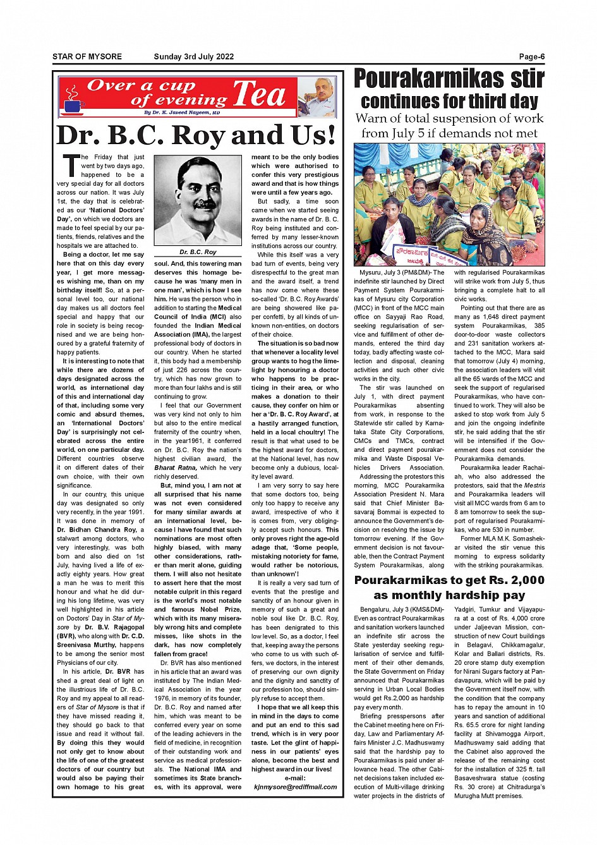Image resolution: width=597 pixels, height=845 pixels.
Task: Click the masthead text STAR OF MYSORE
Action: tap(87, 57)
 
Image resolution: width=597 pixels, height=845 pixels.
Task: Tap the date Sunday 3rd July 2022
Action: tap(193, 57)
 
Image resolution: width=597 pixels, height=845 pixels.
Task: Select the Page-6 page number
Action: tap(532, 57)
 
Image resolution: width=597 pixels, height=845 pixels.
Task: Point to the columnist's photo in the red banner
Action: tap(317, 97)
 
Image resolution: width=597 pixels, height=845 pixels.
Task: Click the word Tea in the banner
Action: tap(260, 95)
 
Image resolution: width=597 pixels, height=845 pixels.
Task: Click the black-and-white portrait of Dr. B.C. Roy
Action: tap(197, 200)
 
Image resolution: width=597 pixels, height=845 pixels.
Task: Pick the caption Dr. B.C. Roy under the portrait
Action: tap(198, 252)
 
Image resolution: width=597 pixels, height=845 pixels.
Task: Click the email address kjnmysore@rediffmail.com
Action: tap(295, 787)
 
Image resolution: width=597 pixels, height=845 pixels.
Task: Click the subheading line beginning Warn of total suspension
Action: tap(449, 119)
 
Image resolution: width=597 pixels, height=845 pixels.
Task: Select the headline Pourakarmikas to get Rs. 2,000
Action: tap(449, 580)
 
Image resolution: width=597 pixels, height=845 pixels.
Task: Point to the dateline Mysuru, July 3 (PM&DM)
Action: tap(398, 272)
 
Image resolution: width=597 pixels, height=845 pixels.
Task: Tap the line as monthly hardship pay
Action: tap(449, 595)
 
